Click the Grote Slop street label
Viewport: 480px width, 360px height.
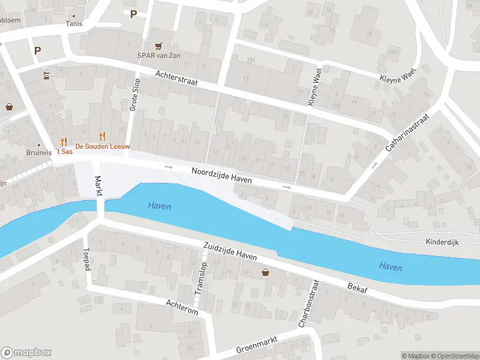click(134, 95)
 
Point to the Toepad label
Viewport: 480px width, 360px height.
click(86, 259)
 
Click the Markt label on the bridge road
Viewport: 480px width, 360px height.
click(98, 186)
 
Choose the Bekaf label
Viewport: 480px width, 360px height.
click(357, 289)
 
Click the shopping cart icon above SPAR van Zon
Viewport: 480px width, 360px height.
click(158, 45)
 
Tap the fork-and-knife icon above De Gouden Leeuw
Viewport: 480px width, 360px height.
click(102, 136)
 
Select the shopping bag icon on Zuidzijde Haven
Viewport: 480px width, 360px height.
click(266, 272)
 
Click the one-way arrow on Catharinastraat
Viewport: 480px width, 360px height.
click(375, 164)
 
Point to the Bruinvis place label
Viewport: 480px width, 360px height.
click(40, 152)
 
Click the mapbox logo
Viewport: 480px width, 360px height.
click(26, 353)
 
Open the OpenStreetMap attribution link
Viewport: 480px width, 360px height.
click(457, 356)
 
